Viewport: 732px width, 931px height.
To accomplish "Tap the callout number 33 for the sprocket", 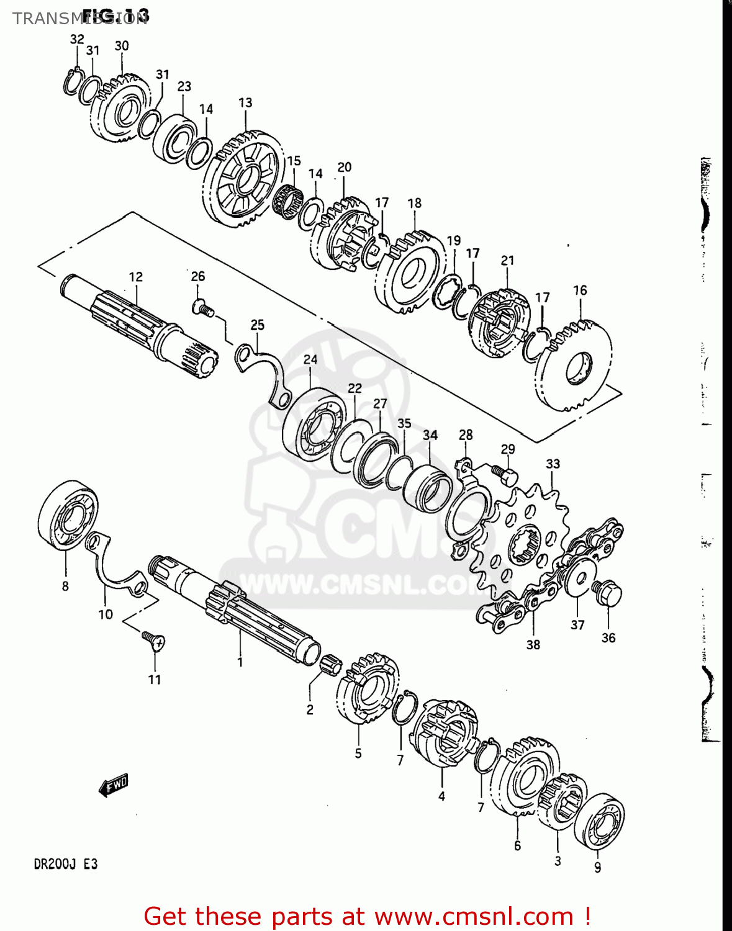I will coord(553,464).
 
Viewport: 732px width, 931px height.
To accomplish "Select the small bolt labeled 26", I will coord(202,307).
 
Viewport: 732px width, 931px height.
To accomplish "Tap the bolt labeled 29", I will coord(505,475).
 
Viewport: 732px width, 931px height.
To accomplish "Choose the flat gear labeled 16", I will coord(574,366).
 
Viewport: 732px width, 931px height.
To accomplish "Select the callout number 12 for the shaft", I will coord(135,277).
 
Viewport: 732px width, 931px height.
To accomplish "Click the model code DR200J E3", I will coord(65,864).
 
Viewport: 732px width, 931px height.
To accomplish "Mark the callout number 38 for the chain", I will coord(533,644).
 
